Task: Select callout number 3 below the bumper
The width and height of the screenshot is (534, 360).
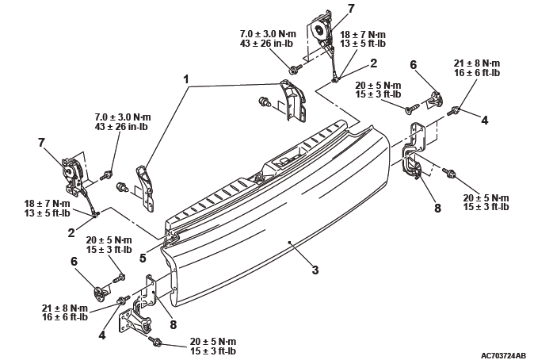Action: pyautogui.click(x=315, y=270)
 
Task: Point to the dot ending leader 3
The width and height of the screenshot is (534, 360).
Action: pyautogui.click(x=292, y=239)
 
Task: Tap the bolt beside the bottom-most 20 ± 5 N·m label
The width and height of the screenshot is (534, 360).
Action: pyautogui.click(x=155, y=343)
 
